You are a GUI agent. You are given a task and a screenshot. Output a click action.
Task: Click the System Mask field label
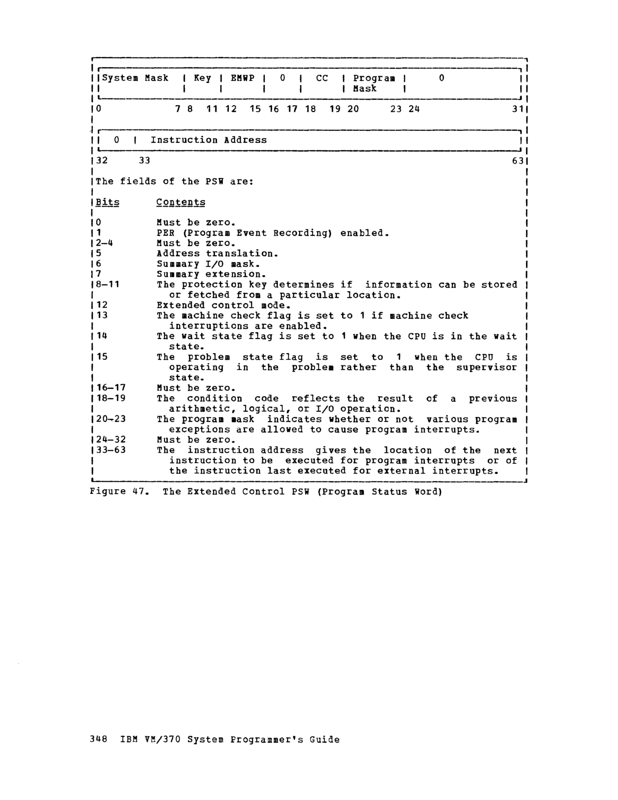(135, 78)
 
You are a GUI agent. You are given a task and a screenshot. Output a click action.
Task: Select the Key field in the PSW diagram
(202, 78)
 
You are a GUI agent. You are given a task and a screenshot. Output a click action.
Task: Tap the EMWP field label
(242, 78)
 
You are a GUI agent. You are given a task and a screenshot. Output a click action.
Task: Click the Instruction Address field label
(209, 140)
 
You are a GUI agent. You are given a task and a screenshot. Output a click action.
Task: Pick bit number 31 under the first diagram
(518, 109)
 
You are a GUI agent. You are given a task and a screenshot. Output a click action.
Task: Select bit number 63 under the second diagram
(518, 160)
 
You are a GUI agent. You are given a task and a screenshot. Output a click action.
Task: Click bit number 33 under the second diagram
(144, 160)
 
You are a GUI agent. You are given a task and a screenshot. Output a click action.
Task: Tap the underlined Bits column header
(107, 202)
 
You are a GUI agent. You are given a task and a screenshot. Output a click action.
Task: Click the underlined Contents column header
(180, 202)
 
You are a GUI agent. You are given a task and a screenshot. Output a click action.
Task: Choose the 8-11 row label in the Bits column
(108, 284)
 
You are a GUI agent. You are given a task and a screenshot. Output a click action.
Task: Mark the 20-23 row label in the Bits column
(111, 419)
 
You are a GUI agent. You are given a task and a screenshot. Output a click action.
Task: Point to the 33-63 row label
(111, 450)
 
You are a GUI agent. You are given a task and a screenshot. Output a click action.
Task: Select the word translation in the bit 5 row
(242, 254)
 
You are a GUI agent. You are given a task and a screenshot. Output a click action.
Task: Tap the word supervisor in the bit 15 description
(486, 367)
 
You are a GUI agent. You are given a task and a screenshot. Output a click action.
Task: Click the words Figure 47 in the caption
(116, 492)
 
